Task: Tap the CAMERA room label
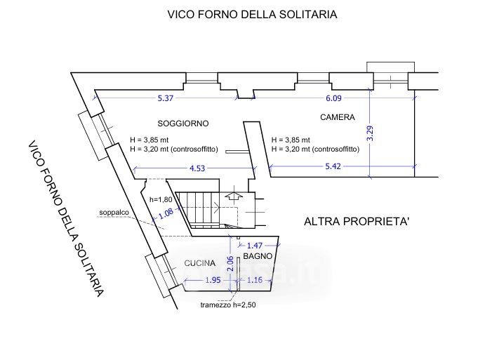point(337,117)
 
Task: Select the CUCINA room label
point(199,263)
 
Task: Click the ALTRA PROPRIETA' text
point(357,222)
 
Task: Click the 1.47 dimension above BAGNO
point(257,244)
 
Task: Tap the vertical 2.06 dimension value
point(230,264)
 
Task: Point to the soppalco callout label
point(113,211)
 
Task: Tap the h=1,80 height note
point(161,199)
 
